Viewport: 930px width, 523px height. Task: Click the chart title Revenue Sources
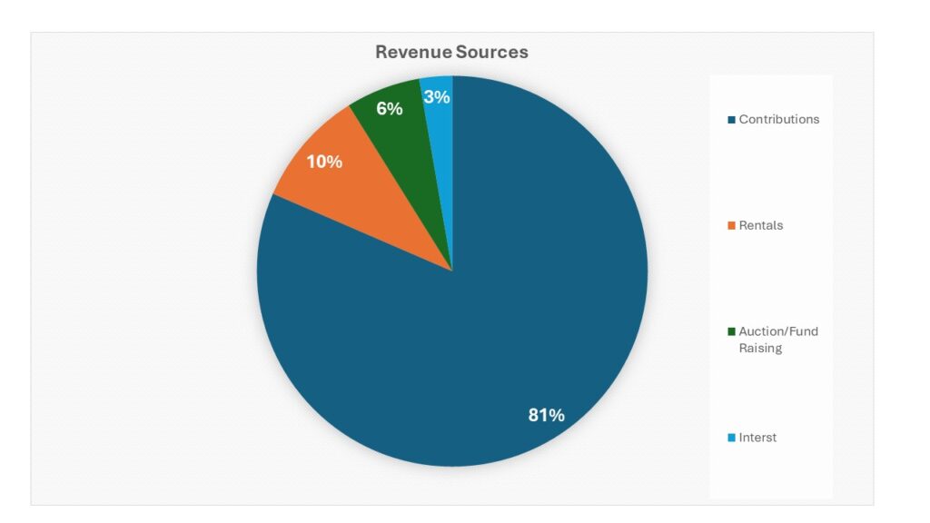(451, 52)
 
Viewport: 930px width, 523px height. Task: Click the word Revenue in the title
(414, 52)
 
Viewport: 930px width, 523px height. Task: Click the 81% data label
(546, 415)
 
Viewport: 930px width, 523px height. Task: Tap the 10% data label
(324, 162)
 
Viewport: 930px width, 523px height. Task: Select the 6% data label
(390, 109)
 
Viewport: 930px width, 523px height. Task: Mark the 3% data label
(437, 96)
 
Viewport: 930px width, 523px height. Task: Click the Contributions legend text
(778, 119)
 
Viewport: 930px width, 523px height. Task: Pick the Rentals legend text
(760, 225)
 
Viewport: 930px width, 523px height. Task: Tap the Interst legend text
(757, 438)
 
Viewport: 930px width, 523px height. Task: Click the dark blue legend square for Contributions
(731, 120)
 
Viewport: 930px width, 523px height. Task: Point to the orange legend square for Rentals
(731, 226)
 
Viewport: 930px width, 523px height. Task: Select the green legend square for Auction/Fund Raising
(731, 332)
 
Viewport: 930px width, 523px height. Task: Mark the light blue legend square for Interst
(731, 439)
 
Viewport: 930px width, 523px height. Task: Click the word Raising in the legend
(760, 349)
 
